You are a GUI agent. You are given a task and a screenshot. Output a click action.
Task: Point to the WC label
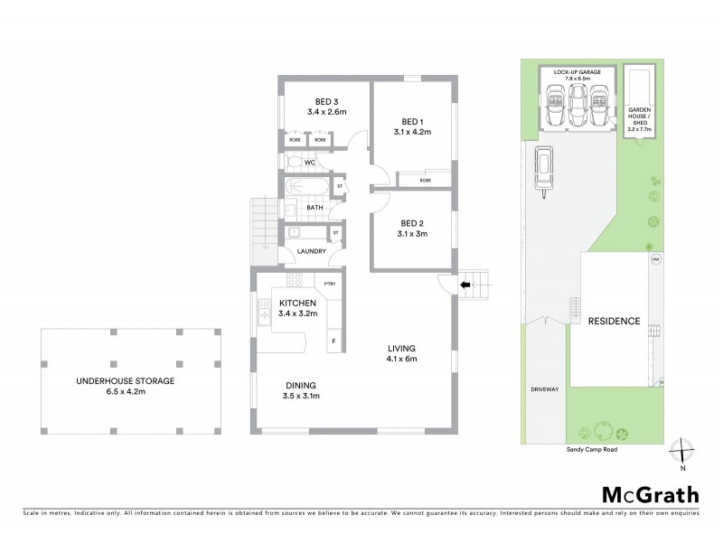coord(308,163)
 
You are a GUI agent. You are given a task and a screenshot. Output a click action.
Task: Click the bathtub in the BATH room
coord(305,188)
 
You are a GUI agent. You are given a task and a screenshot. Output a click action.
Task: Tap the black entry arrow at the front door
coord(465,285)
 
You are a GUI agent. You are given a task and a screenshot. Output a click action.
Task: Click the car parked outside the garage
coord(544,170)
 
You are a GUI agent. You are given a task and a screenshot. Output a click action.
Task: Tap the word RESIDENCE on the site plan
coord(614,321)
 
